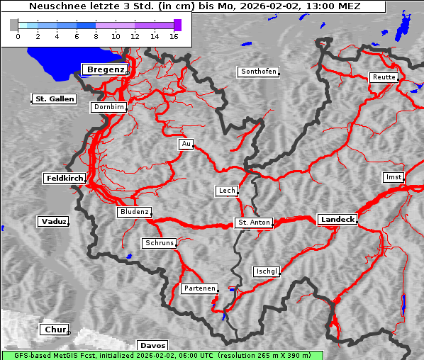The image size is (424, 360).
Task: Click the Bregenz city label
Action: [x=106, y=69]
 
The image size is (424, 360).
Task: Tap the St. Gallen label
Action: [x=54, y=99]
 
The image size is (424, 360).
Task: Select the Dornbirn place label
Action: [x=109, y=108]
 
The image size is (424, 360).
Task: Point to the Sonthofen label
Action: [x=259, y=72]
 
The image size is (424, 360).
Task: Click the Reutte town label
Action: [x=384, y=77]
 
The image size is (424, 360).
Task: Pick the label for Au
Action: [x=186, y=144]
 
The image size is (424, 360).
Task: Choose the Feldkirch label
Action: [x=65, y=179]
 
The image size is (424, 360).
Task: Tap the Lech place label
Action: [x=226, y=191]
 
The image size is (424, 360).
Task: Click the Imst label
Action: [x=392, y=176]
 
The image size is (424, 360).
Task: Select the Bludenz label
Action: [x=134, y=212]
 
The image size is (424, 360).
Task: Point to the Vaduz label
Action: [x=53, y=222]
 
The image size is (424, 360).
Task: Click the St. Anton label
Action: [x=253, y=223]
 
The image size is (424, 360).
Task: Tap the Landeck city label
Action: [x=337, y=220]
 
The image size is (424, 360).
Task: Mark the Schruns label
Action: [x=159, y=243]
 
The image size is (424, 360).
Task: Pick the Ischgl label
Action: [x=267, y=271]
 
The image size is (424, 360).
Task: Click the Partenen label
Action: [x=199, y=288]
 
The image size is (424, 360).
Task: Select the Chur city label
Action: [x=54, y=330]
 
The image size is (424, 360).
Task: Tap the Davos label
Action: [x=152, y=345]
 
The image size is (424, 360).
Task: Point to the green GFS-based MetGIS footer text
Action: [x=162, y=355]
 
